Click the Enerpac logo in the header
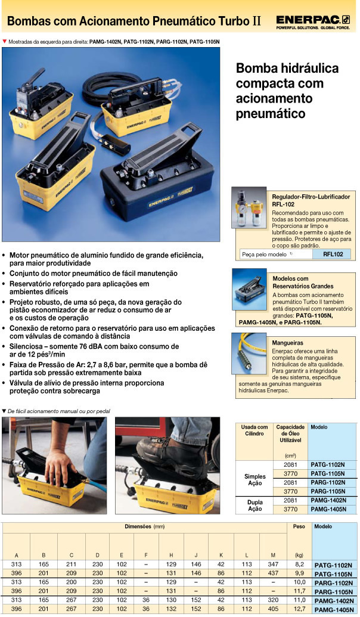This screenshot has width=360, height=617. click(312, 21)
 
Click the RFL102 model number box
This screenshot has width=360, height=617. click(333, 254)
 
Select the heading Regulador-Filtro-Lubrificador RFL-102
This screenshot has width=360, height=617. click(311, 200)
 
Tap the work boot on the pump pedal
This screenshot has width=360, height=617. click(167, 451)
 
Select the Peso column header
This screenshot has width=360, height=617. click(299, 527)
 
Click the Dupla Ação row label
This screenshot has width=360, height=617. click(255, 506)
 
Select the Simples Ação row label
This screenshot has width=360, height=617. click(255, 480)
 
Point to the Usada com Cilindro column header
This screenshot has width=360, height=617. click(254, 430)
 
